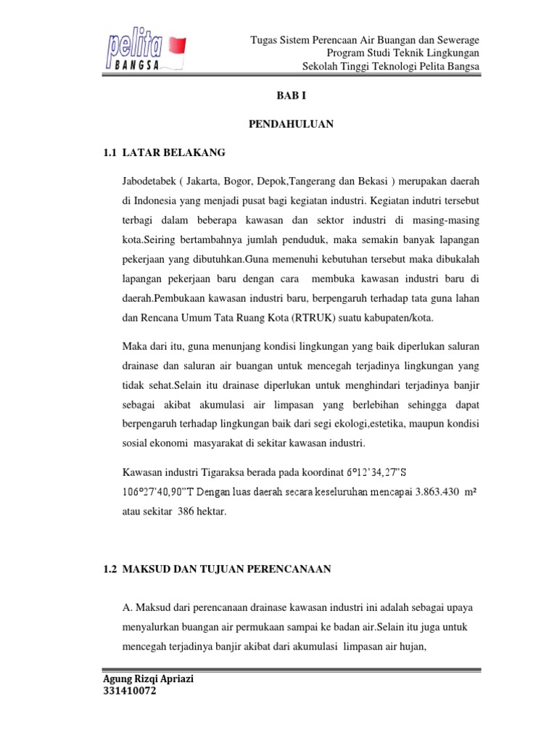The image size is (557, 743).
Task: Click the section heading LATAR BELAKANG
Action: [x=174, y=152]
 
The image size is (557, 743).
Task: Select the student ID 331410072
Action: [x=131, y=692]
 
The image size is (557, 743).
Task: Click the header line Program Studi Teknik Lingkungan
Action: [x=403, y=54]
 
